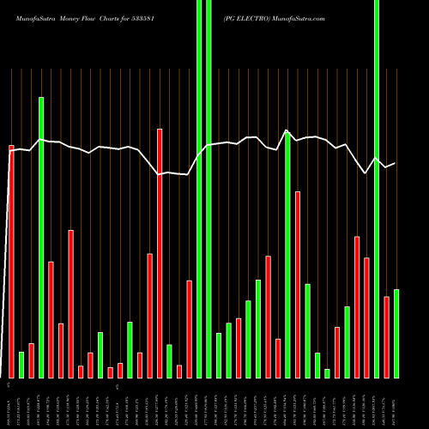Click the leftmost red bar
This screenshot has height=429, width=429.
pyautogui.click(x=11, y=262)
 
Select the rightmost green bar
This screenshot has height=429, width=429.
pyautogui.click(x=396, y=334)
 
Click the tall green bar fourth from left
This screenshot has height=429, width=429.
pyautogui.click(x=41, y=238)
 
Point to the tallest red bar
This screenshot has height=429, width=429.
pyautogui.click(x=160, y=253)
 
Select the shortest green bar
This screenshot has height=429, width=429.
pyautogui.click(x=327, y=373)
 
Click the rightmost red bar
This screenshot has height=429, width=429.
pyautogui.click(x=386, y=337)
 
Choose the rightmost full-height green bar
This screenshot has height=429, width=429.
pyautogui.click(x=376, y=189)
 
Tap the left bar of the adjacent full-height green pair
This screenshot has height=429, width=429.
pyautogui.click(x=199, y=189)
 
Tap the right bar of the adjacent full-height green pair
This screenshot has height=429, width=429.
pyautogui.click(x=208, y=189)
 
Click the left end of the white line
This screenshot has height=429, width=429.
pyautogui.click(x=11, y=150)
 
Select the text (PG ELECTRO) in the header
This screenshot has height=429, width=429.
pyautogui.click(x=247, y=17)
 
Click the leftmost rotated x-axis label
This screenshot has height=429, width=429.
pyautogui.click(x=11, y=403)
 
